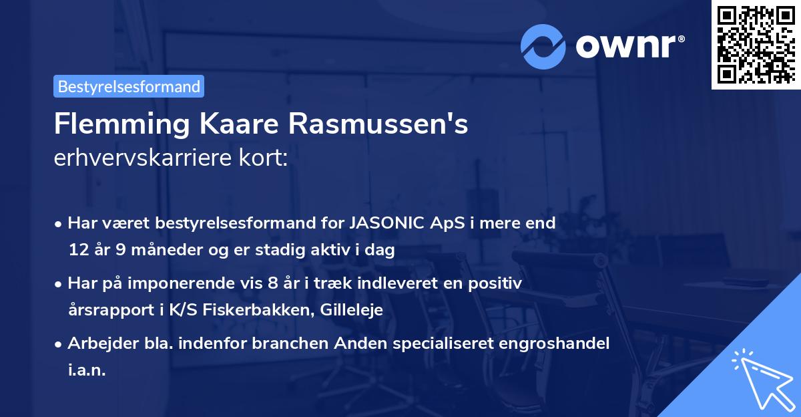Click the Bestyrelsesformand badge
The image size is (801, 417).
click(x=129, y=86)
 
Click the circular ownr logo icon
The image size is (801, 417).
click(x=544, y=46)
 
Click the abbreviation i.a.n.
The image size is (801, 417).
click(x=87, y=370)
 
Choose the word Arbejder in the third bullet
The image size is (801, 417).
click(x=97, y=343)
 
